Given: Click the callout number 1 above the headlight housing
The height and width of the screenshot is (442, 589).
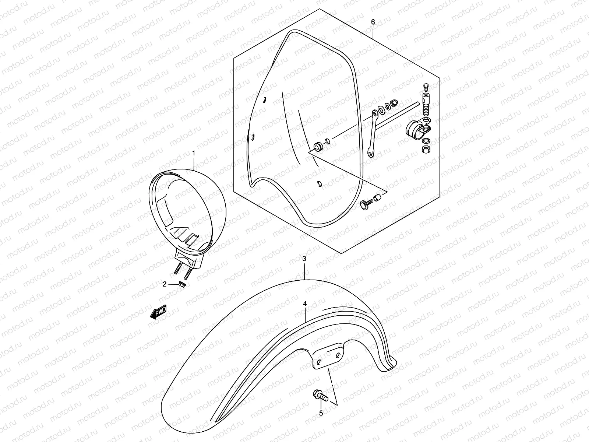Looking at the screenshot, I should coord(194,152).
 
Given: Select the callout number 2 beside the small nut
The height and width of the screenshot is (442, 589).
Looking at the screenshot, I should coord(165,284).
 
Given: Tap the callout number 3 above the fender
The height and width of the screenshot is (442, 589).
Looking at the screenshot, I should coord(304,259).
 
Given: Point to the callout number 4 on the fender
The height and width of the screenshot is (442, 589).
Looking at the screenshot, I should coord(305,304).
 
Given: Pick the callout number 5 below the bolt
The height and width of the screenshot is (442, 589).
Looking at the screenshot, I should coord(321,413).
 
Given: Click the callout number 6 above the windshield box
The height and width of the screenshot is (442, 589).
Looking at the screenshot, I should coord(373,22).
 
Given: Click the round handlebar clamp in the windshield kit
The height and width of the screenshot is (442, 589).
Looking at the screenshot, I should coord(415,130).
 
